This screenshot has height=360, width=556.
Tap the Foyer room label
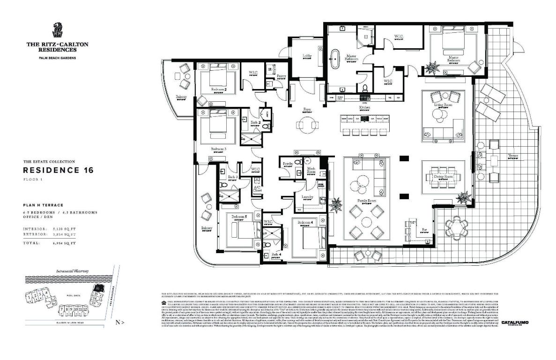click(307, 109)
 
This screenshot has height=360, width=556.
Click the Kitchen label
click(365, 108)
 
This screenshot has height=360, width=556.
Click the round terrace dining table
click(456, 228)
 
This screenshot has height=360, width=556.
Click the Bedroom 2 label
click(219, 89)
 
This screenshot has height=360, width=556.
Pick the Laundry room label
click(307, 197)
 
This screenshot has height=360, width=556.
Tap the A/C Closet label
click(257, 188)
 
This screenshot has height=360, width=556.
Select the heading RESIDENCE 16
click(59, 170)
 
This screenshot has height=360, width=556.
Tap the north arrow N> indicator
click(119, 322)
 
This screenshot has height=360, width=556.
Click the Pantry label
click(281, 76)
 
